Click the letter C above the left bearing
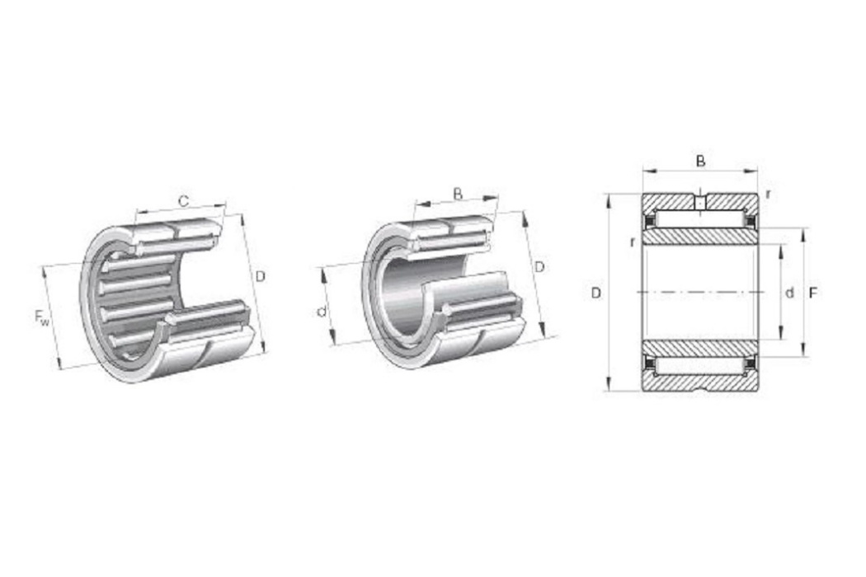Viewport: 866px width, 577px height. [184, 201]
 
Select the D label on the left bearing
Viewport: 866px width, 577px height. [260, 276]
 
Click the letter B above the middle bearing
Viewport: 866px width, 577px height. [457, 194]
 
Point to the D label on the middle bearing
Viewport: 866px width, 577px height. [539, 267]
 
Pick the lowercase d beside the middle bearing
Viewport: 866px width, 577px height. [322, 312]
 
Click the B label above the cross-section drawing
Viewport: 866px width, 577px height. [700, 162]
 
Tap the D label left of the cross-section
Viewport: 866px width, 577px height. [596, 293]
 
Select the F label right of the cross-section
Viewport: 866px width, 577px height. [812, 293]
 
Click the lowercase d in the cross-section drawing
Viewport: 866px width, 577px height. [789, 293]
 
